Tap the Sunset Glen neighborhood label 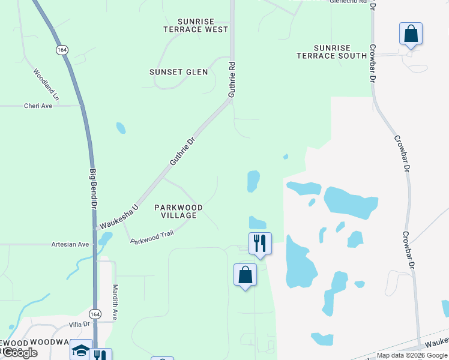(179, 72)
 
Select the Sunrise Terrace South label (331, 52)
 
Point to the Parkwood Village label (179, 211)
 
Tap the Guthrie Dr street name (182, 151)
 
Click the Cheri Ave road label (38, 106)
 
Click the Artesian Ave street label (70, 244)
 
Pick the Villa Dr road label (79, 324)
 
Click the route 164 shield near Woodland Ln (62, 50)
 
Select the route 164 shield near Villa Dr (95, 314)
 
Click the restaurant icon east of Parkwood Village (260, 243)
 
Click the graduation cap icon (81, 350)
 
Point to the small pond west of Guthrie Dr (121, 128)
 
